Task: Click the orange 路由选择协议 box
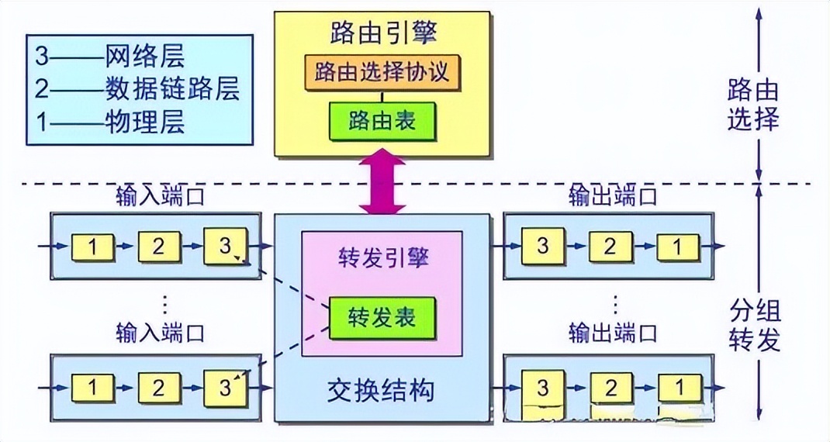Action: (x=382, y=73)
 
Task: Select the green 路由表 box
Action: (x=382, y=120)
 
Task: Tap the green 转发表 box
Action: (x=382, y=316)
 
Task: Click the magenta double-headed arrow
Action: (x=382, y=184)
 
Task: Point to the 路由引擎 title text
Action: (x=382, y=32)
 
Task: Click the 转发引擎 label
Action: (x=382, y=256)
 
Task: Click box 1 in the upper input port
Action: (x=93, y=247)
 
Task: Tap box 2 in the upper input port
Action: (x=159, y=247)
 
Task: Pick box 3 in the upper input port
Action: (x=225, y=247)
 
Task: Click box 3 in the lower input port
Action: (x=225, y=386)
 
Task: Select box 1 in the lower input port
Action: (x=93, y=386)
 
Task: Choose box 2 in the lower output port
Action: (x=610, y=386)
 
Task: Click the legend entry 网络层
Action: (x=146, y=57)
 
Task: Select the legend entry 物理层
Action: (x=146, y=123)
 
